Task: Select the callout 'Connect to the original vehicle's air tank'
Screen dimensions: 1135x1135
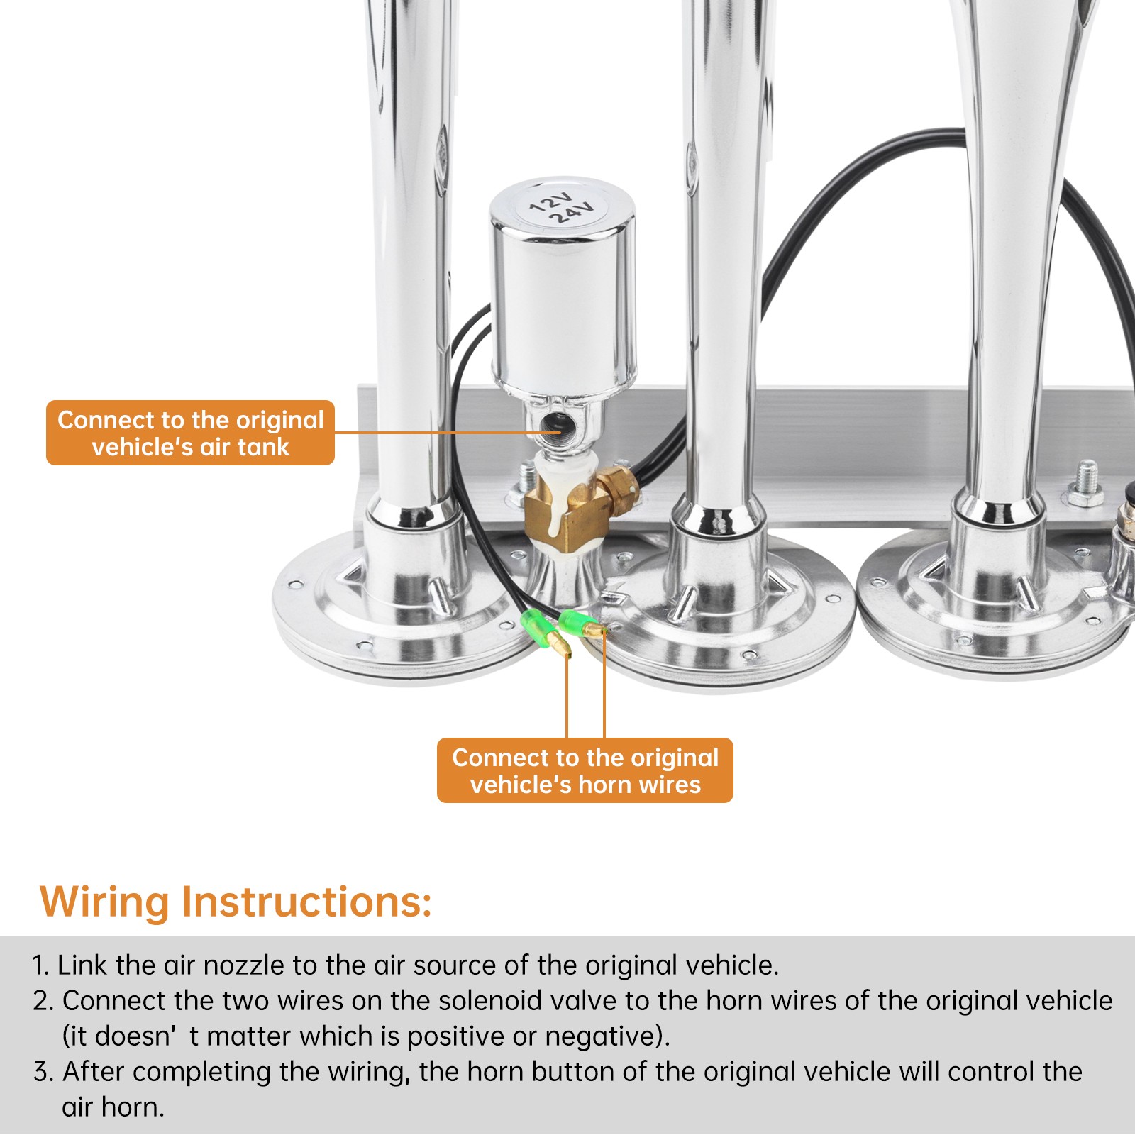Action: (190, 433)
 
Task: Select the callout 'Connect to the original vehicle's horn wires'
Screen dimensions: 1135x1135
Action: (585, 770)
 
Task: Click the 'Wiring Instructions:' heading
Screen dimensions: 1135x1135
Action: (236, 902)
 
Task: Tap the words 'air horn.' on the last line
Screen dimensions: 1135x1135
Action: (113, 1107)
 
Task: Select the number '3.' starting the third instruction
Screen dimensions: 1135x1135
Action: (43, 1072)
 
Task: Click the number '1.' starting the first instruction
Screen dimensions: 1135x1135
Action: (40, 965)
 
